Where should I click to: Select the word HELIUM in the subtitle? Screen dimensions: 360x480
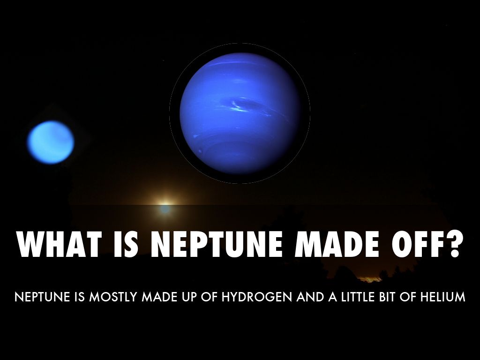443,297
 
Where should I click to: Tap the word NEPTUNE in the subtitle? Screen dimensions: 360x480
36,297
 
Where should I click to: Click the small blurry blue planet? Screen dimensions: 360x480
50,142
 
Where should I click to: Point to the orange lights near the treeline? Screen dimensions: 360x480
370,279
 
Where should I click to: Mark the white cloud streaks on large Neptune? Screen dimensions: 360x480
237,109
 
